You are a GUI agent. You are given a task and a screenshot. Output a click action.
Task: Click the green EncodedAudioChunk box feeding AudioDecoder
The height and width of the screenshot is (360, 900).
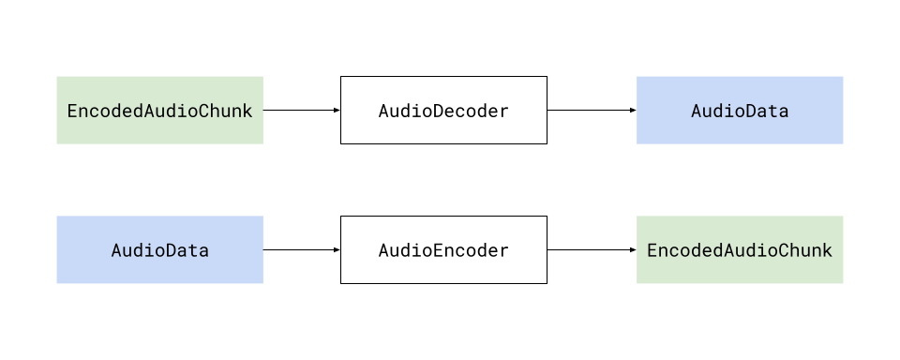click(159, 111)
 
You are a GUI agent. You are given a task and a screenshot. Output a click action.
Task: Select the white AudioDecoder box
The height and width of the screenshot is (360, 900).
click(443, 111)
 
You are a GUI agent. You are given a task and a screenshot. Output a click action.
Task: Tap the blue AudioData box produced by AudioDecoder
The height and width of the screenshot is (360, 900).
click(740, 111)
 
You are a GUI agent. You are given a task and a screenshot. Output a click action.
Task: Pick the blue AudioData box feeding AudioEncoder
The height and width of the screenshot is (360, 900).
click(159, 250)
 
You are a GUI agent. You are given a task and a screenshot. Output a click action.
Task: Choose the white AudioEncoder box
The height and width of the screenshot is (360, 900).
click(443, 250)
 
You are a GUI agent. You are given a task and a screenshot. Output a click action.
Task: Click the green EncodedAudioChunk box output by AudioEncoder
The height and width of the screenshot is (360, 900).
click(740, 250)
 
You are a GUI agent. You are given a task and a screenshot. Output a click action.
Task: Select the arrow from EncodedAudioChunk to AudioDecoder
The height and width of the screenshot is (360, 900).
click(300, 111)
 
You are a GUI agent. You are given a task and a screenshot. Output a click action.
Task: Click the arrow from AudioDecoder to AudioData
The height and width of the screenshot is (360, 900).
click(591, 111)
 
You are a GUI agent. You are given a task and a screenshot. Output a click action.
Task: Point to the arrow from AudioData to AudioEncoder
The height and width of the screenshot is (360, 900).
click(300, 250)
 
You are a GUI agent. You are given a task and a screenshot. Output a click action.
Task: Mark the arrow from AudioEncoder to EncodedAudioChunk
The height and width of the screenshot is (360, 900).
click(591, 250)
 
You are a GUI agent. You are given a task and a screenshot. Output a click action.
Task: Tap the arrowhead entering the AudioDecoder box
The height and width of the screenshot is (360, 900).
click(336, 111)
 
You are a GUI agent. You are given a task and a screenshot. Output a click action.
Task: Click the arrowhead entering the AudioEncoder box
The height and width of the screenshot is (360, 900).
click(336, 250)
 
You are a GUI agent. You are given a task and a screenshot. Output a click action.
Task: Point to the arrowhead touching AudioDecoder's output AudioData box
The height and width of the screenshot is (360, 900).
click(633, 111)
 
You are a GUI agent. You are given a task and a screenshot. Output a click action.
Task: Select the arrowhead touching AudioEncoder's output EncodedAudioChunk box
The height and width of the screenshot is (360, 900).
click(633, 250)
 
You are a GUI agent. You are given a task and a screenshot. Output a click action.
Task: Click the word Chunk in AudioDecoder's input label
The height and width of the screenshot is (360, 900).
click(227, 112)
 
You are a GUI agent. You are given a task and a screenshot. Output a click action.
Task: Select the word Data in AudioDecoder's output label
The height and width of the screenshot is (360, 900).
click(766, 112)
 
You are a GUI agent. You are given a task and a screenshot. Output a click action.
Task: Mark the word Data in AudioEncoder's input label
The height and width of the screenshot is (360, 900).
click(186, 251)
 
